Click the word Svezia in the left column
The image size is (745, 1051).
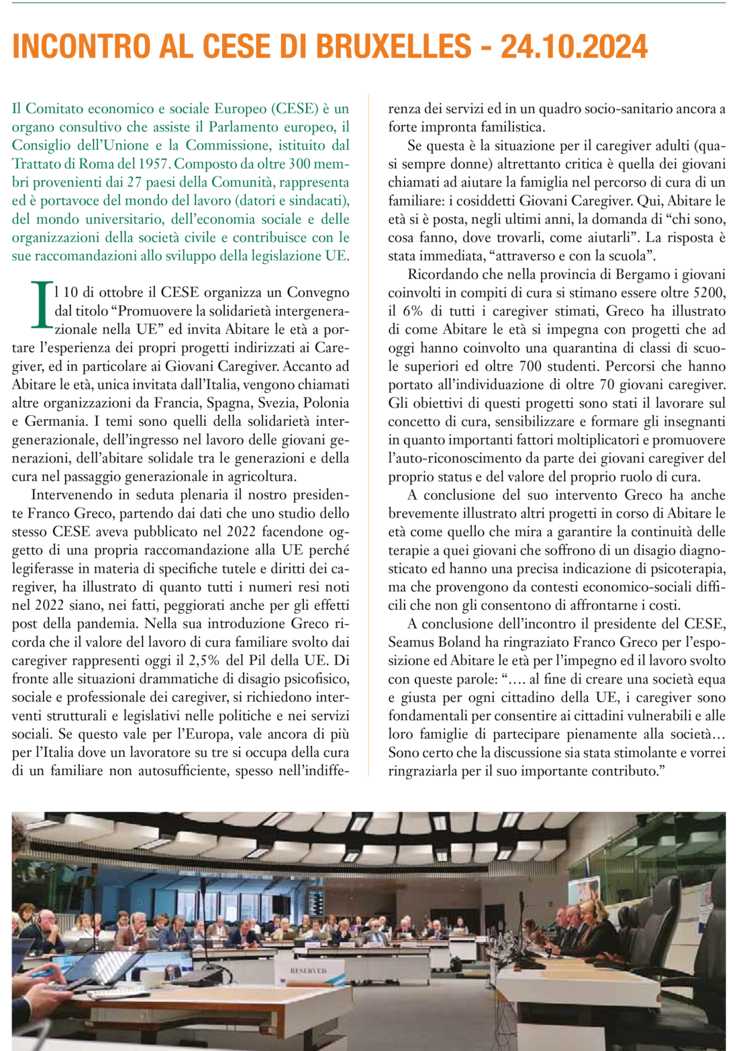pos(275,403)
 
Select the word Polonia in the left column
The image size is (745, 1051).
pos(326,403)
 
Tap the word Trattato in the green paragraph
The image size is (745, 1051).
pos(34,163)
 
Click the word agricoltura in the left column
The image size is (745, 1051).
pos(260,477)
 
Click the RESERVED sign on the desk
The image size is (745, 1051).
pos(308,970)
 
